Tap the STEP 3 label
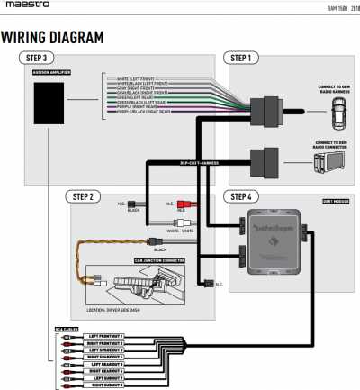[x=37, y=58]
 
